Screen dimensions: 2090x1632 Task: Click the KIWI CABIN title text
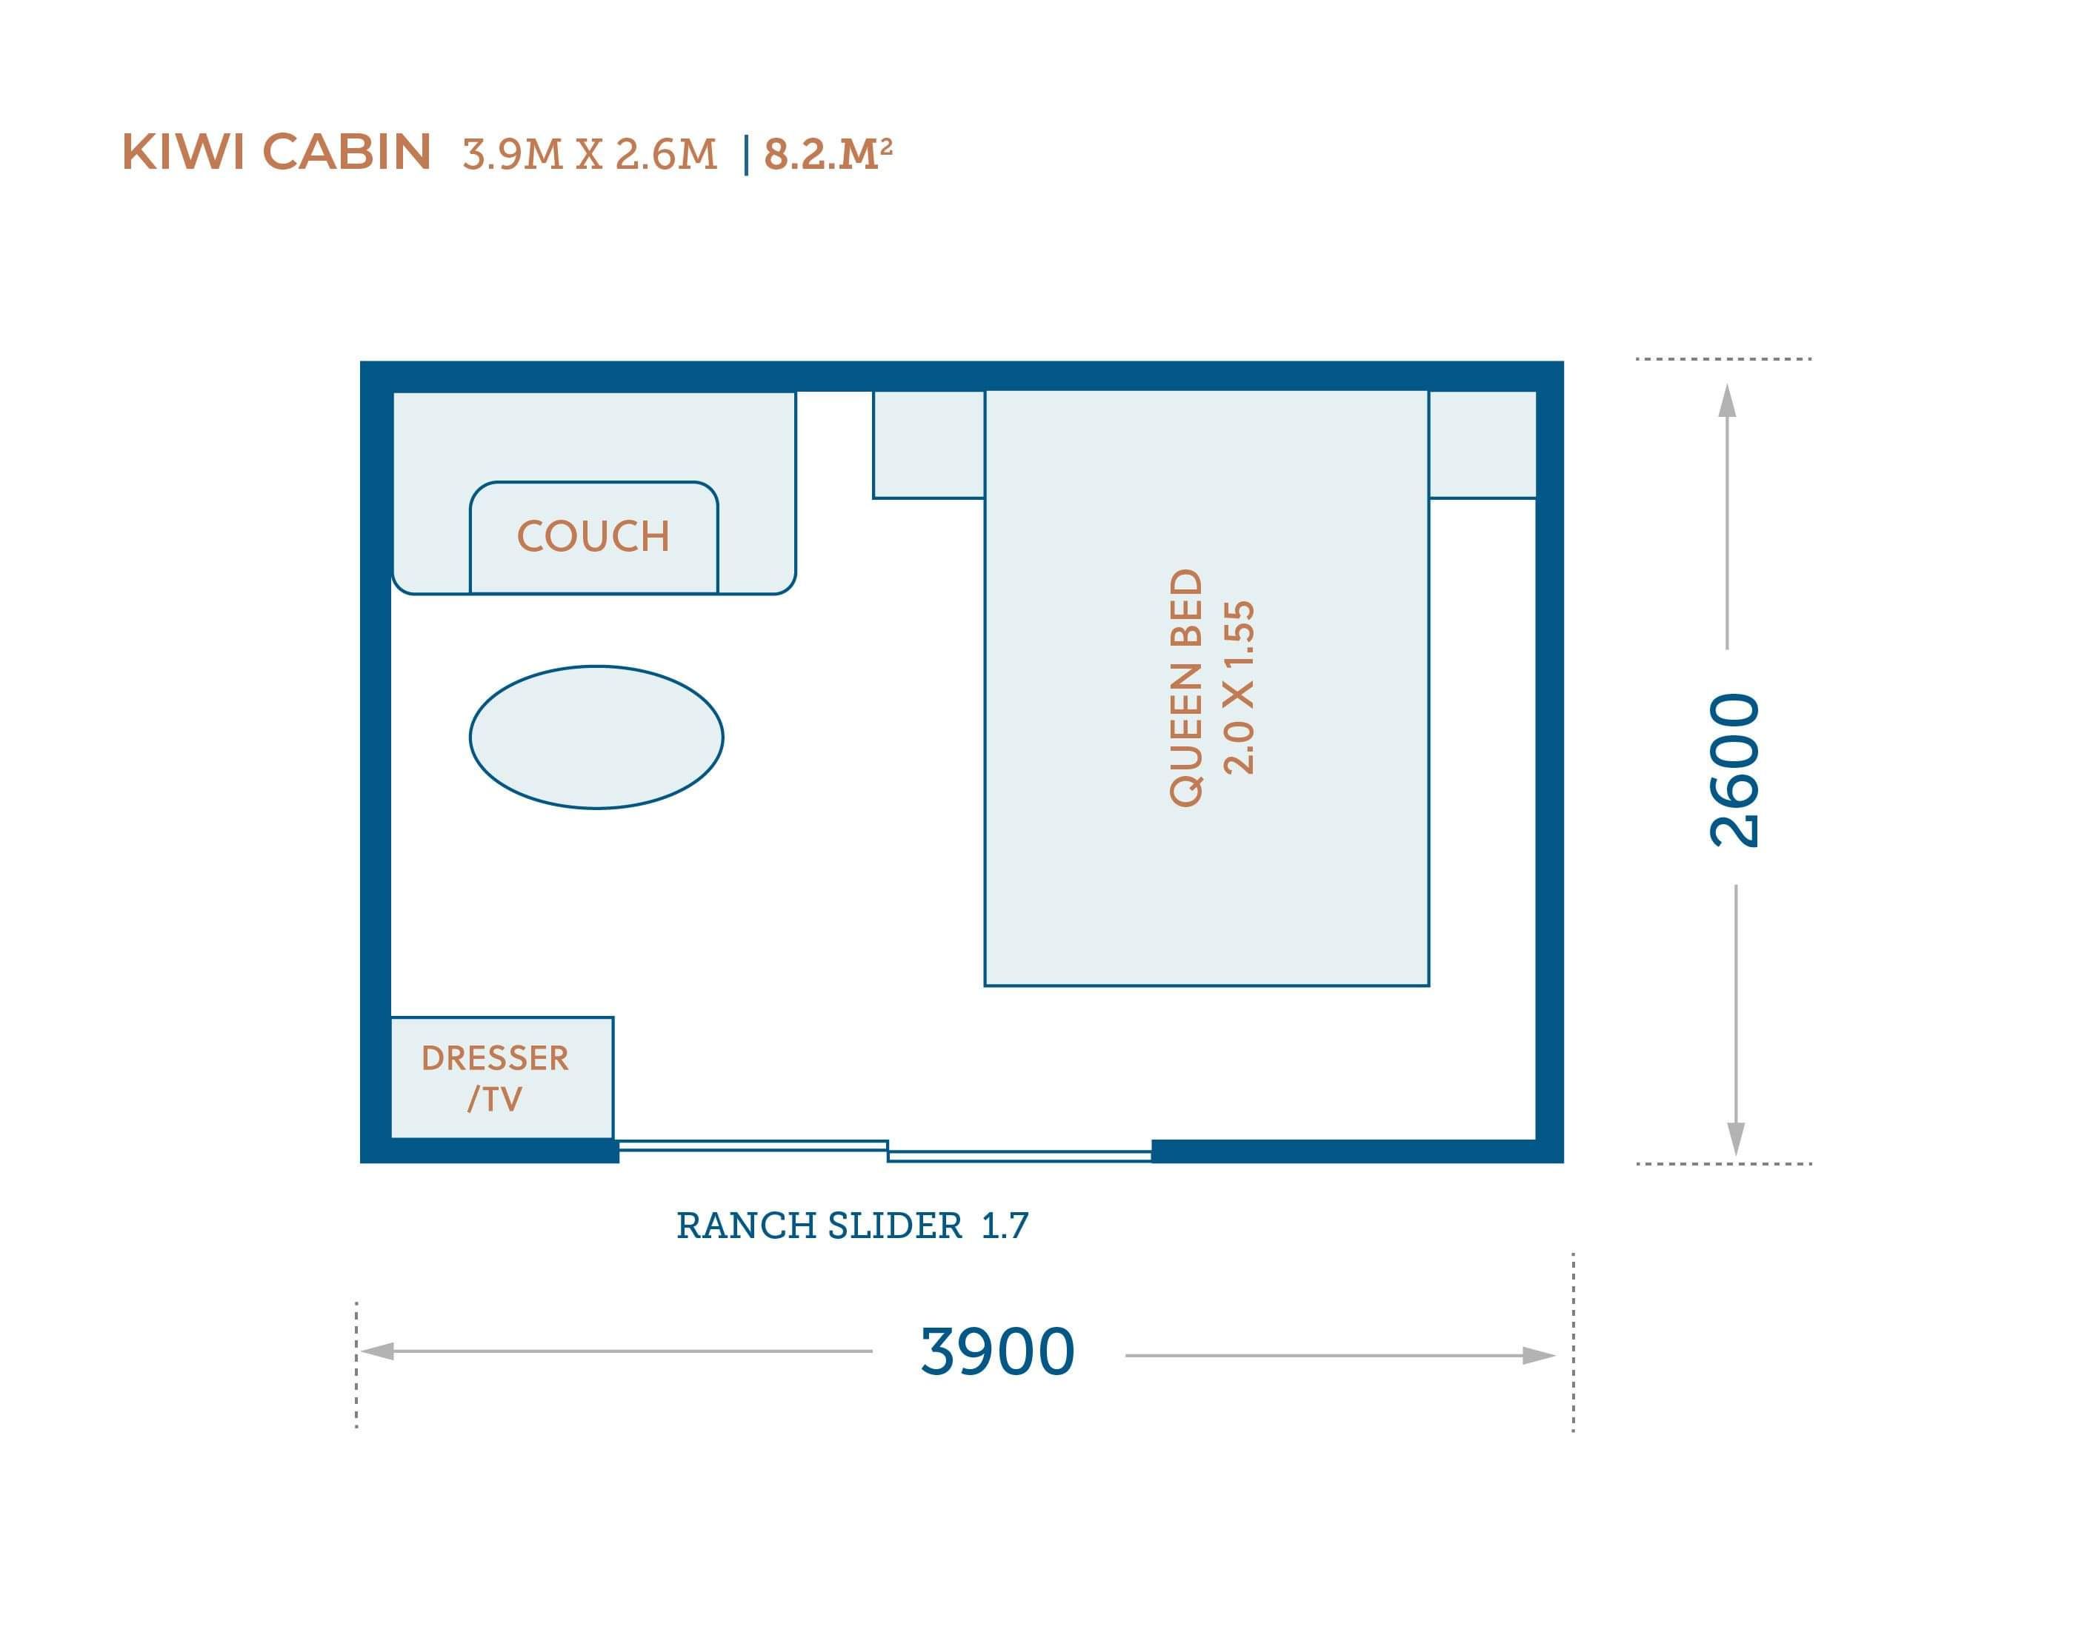[276, 152]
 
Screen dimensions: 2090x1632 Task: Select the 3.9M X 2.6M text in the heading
[590, 154]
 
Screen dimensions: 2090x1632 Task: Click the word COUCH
[593, 535]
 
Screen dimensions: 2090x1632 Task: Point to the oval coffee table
[596, 737]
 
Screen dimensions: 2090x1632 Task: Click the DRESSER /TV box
[502, 1077]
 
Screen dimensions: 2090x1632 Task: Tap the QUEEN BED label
[1185, 688]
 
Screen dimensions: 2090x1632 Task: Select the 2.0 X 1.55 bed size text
[1239, 688]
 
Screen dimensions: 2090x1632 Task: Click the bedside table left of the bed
[929, 445]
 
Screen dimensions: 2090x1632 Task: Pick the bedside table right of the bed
[1482, 445]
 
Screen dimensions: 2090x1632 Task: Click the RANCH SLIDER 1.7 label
[853, 1225]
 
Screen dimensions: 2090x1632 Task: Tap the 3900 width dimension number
[998, 1351]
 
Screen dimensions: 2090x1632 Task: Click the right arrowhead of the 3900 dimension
[1539, 1356]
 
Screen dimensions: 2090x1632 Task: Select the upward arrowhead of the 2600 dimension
[1727, 400]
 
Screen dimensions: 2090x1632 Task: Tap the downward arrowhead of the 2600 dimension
[1736, 1140]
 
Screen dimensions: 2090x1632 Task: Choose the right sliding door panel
[1020, 1156]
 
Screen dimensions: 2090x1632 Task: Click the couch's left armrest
[430, 541]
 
